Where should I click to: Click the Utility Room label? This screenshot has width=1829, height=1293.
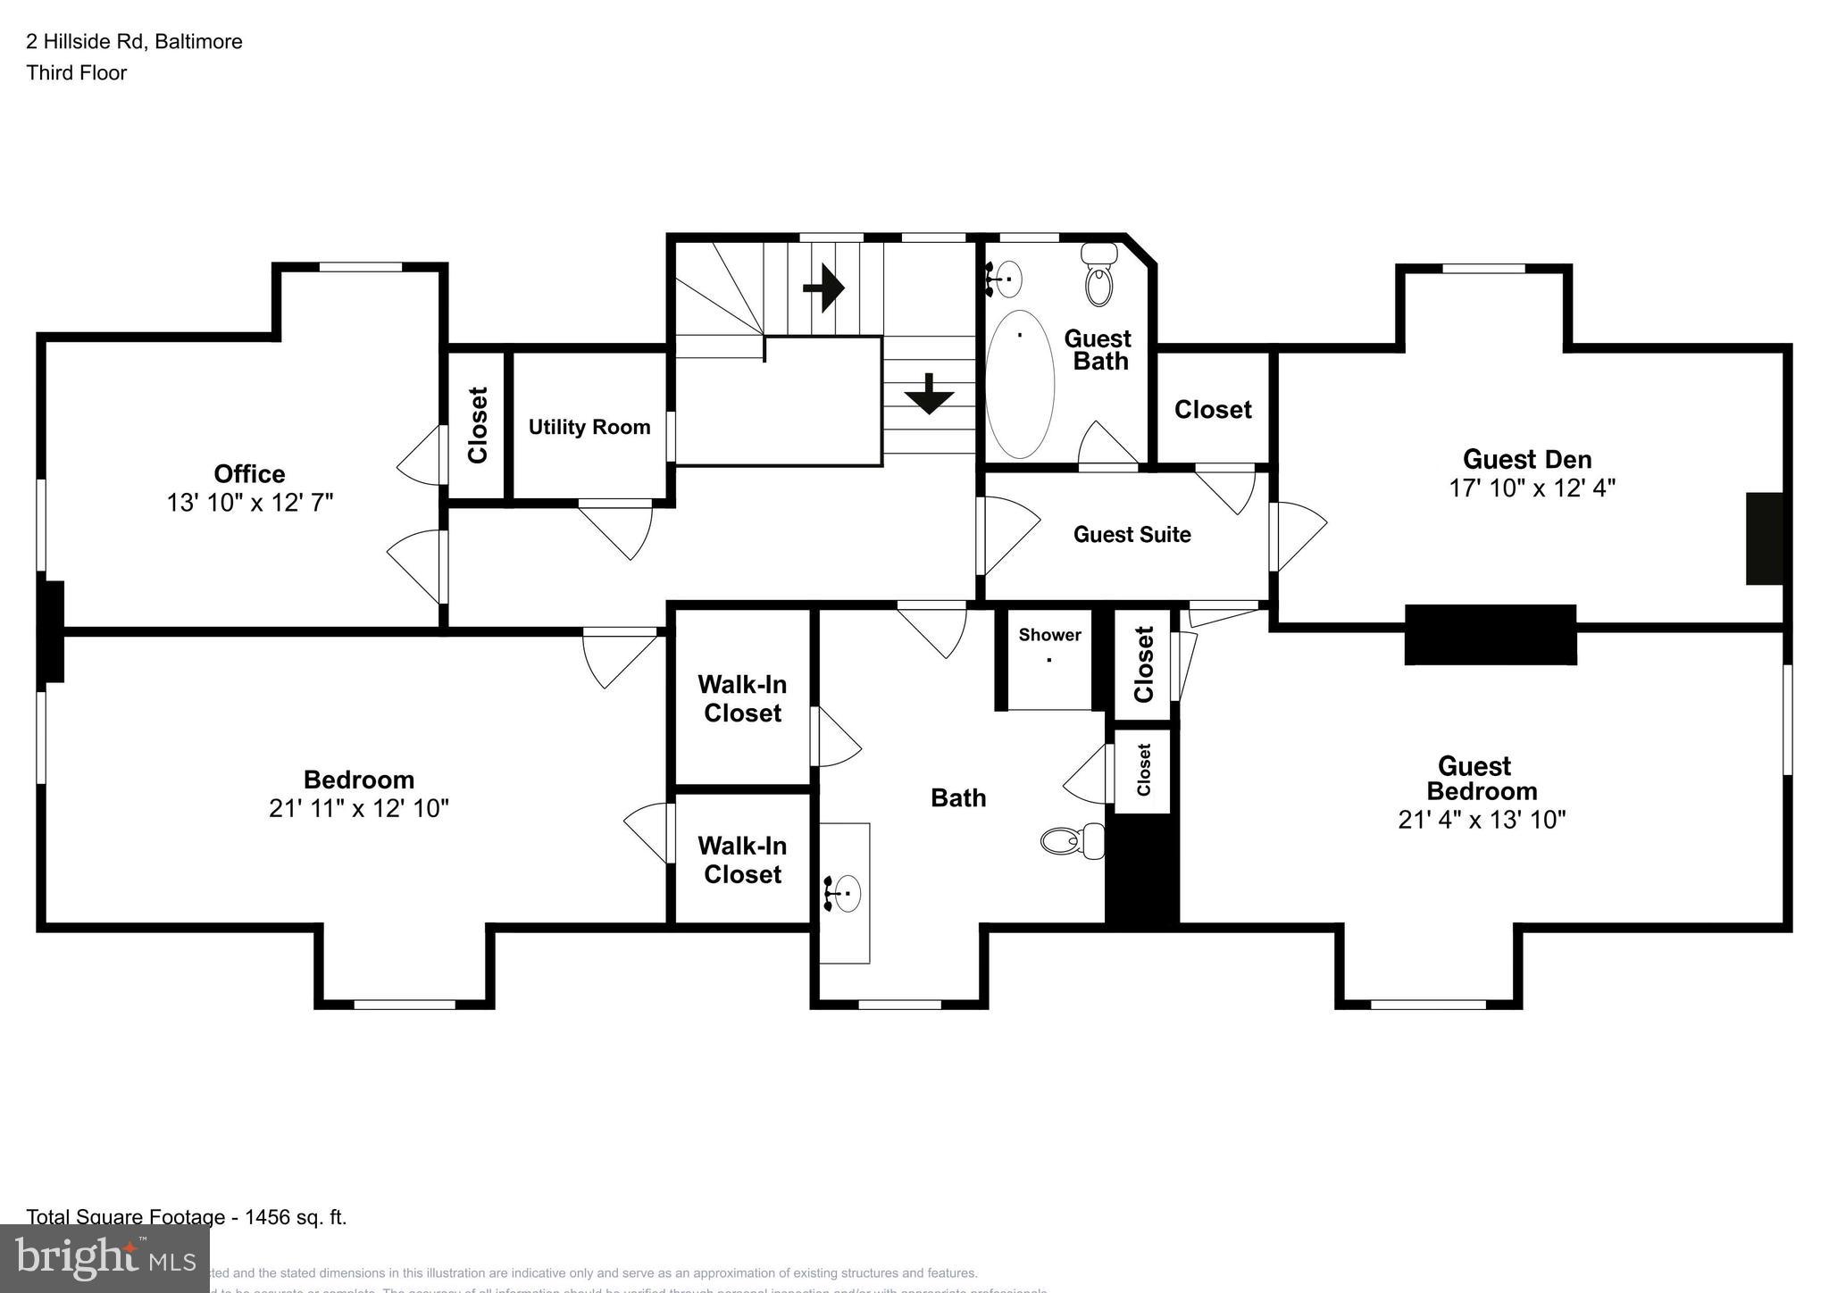click(589, 427)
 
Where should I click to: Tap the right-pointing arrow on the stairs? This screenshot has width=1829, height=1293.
click(823, 288)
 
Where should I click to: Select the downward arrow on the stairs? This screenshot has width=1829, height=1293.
click(929, 394)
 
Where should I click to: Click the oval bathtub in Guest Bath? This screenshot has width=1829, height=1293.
click(1019, 384)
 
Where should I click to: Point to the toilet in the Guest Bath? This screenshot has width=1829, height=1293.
click(1100, 275)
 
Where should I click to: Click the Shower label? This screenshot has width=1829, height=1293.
click(1049, 635)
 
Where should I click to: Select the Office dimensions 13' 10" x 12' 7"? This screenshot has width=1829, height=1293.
click(250, 503)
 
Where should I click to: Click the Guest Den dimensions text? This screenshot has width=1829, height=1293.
click(1532, 488)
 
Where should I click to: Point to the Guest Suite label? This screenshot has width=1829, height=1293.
click(1132, 534)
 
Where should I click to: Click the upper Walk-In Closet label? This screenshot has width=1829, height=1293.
click(742, 698)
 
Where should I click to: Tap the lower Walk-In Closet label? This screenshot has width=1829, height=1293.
click(742, 860)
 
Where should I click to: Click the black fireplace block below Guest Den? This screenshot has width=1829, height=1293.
click(1490, 635)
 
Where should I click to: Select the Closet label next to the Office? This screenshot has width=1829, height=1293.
click(478, 425)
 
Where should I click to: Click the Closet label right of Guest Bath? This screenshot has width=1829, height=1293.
click(1212, 410)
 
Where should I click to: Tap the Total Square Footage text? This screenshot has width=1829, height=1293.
click(186, 1217)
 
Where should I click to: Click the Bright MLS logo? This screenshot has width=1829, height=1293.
click(104, 1258)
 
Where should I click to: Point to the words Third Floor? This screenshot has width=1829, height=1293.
click(77, 73)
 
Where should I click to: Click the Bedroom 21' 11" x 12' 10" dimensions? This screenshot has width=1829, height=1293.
click(358, 808)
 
